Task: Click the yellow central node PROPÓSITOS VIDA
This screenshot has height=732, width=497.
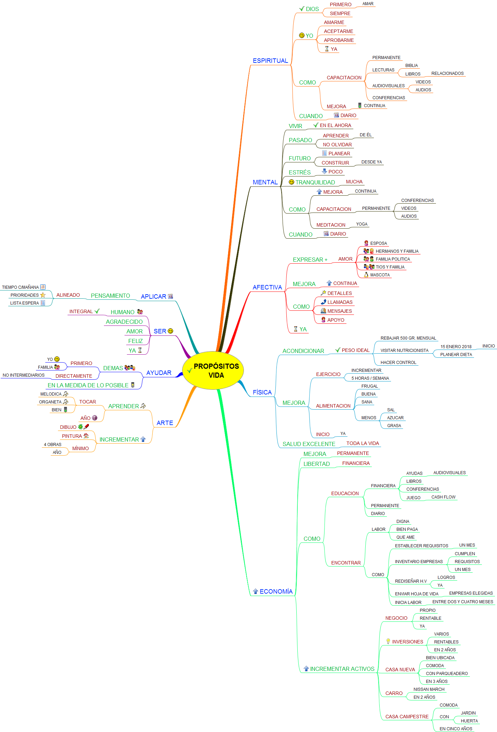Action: click(216, 370)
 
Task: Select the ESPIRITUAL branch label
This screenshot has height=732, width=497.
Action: click(270, 61)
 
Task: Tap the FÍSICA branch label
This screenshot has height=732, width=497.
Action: click(262, 392)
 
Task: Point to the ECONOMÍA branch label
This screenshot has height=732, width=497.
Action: click(276, 591)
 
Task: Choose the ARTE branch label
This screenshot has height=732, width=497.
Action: click(165, 423)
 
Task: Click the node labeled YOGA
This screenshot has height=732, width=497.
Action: click(362, 224)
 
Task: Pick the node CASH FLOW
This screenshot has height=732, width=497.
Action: click(443, 497)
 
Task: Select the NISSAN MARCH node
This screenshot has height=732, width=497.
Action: click(429, 689)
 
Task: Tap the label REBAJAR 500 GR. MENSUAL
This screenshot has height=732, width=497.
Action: click(408, 338)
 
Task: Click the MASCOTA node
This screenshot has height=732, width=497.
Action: click(380, 275)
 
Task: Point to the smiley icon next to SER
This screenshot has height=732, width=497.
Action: click(170, 331)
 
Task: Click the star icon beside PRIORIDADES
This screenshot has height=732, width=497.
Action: click(43, 295)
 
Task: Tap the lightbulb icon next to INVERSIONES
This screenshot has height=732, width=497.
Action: click(388, 641)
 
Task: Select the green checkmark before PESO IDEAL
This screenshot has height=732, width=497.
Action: click(338, 350)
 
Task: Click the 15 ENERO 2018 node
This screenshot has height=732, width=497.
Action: click(456, 347)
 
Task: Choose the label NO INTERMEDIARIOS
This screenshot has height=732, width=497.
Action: click(24, 375)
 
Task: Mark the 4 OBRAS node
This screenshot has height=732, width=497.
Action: click(52, 445)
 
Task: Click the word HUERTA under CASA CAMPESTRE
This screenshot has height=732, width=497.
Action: click(469, 721)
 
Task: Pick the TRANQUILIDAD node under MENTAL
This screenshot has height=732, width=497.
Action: click(315, 182)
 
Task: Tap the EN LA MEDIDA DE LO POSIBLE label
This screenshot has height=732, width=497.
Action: click(88, 385)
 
